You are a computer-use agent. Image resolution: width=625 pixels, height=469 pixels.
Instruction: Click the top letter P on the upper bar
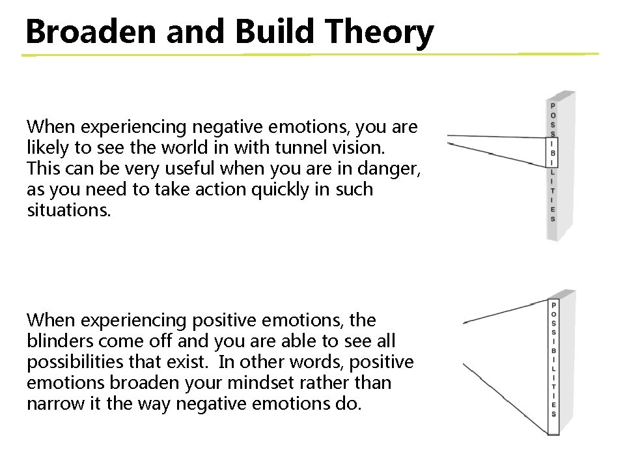click(x=553, y=106)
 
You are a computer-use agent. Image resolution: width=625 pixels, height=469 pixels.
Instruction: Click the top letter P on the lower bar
click(x=553, y=305)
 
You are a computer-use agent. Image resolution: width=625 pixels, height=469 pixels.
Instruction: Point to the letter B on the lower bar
click(x=553, y=350)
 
